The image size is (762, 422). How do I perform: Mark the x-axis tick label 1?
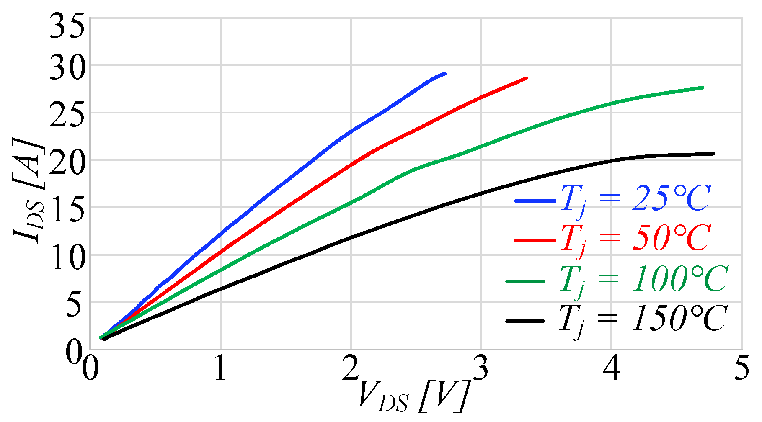(220, 369)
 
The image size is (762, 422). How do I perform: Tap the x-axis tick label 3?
(481, 369)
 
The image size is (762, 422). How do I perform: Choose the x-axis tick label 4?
(612, 369)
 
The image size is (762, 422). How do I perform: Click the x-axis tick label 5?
(742, 369)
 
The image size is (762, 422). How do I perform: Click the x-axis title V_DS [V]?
(413, 396)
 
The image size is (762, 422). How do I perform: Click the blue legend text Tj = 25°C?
(635, 199)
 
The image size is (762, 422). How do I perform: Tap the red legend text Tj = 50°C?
(635, 239)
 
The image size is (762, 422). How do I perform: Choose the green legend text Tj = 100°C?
(643, 279)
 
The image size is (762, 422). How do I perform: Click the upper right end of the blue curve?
(444, 74)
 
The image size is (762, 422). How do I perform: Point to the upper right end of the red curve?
(526, 78)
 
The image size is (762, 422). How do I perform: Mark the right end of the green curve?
(703, 87)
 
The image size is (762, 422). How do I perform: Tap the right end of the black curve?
(713, 154)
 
